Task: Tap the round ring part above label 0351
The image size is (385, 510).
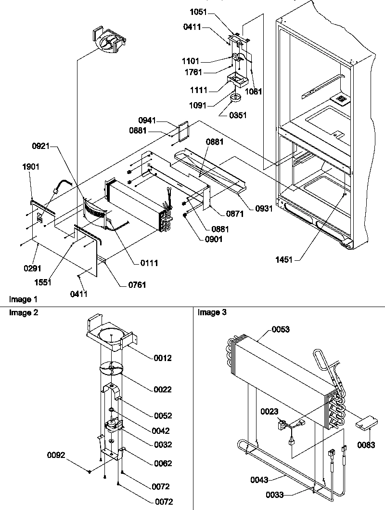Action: [235, 98]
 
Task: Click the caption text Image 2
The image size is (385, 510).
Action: [24, 313]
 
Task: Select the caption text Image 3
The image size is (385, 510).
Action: [212, 313]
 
